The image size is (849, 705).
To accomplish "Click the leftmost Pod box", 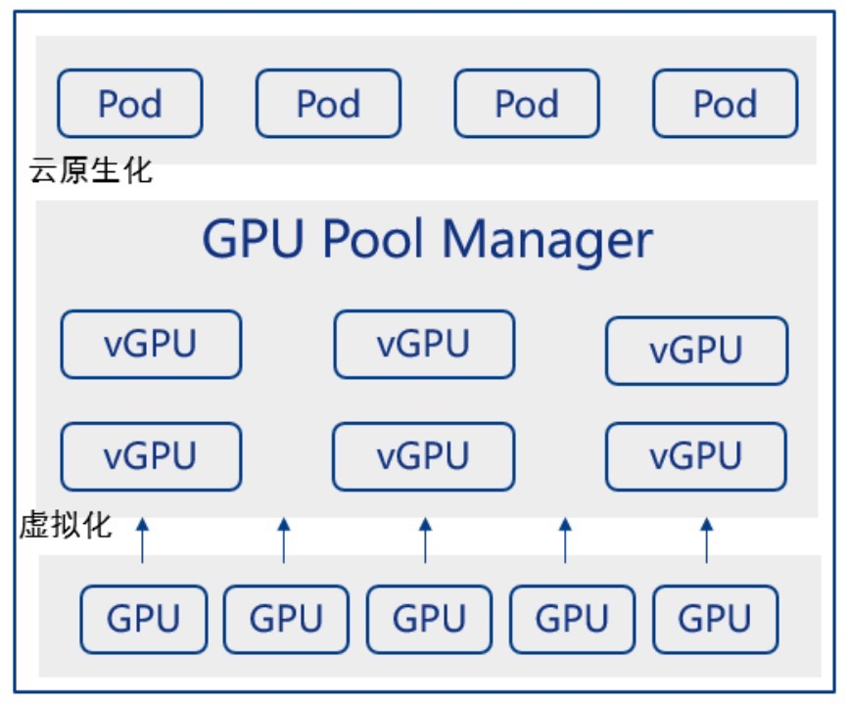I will [x=130, y=103].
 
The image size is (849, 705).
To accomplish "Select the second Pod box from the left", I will [x=328, y=103].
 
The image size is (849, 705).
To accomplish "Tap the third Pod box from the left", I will [x=527, y=103].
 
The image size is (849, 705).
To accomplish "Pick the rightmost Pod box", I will [x=726, y=103].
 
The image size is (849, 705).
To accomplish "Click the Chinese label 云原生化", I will [x=90, y=170].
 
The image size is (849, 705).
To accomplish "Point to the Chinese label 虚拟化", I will [x=66, y=525].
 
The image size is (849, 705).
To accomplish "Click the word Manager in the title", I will [x=546, y=238].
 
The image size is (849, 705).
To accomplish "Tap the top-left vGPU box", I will [x=151, y=345].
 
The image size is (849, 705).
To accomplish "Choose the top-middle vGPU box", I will [x=424, y=345].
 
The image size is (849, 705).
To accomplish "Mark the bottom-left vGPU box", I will [x=151, y=456].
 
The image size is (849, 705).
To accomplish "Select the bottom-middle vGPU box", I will [x=424, y=456].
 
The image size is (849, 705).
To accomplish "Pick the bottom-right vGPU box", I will [x=696, y=456].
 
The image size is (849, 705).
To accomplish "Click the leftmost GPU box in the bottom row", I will [x=144, y=619].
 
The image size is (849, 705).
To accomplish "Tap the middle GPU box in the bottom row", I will [x=429, y=619].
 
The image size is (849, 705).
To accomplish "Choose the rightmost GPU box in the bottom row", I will [x=715, y=619].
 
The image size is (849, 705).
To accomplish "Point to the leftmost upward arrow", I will [x=142, y=540].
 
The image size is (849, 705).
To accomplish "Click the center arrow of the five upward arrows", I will [x=425, y=540].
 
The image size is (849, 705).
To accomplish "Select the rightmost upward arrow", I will [x=707, y=540].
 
